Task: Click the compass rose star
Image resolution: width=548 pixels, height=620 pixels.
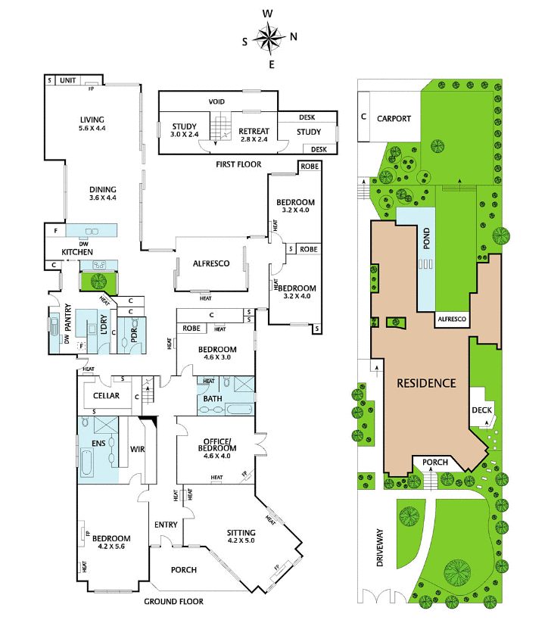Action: [x=270, y=39]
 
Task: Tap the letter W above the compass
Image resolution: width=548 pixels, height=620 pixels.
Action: [x=268, y=14]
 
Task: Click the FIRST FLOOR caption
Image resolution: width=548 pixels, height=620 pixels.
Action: [x=238, y=164]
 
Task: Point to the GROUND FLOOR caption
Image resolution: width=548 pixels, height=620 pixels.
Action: [x=173, y=601]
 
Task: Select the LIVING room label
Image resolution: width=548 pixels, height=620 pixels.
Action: [x=92, y=120]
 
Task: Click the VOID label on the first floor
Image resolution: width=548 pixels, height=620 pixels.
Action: [x=216, y=101]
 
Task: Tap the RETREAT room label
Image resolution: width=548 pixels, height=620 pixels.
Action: [x=254, y=131]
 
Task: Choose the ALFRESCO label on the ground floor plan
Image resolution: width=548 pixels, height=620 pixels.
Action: [x=211, y=263]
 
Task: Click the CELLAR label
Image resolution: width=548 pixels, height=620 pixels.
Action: [x=106, y=396]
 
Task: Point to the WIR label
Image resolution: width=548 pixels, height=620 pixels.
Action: [x=138, y=449]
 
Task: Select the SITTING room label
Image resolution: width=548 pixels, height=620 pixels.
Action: [x=241, y=533]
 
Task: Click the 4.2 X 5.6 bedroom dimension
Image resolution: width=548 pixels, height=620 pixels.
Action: [x=111, y=547]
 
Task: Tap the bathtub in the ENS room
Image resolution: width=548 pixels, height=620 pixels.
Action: [x=87, y=463]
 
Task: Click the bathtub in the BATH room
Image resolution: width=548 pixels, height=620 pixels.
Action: [x=239, y=409]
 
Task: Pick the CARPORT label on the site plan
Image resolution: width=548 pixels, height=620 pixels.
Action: [x=394, y=119]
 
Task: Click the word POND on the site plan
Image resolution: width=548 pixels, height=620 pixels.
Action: [x=426, y=238]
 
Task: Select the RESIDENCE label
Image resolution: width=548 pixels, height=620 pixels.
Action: [x=426, y=383]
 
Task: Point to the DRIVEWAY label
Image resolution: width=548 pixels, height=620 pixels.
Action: [x=380, y=547]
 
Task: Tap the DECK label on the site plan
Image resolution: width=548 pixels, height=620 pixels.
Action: [x=481, y=410]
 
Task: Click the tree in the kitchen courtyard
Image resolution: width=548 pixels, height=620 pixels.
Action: [x=98, y=282]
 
